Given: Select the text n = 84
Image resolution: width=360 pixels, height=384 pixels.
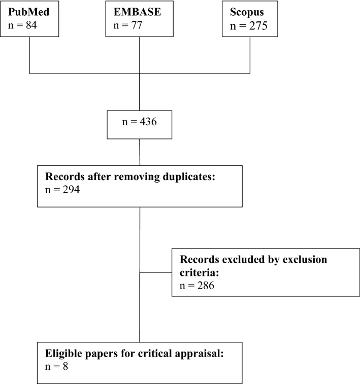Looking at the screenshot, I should [x=20, y=24].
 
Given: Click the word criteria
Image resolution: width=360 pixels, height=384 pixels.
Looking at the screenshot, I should [x=195, y=272].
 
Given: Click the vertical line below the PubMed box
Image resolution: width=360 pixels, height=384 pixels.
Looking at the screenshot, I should [x=30, y=54].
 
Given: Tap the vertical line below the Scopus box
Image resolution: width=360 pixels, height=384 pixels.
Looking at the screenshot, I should [x=250, y=54].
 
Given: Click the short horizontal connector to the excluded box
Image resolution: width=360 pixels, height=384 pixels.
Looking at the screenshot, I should [x=155, y=272].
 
